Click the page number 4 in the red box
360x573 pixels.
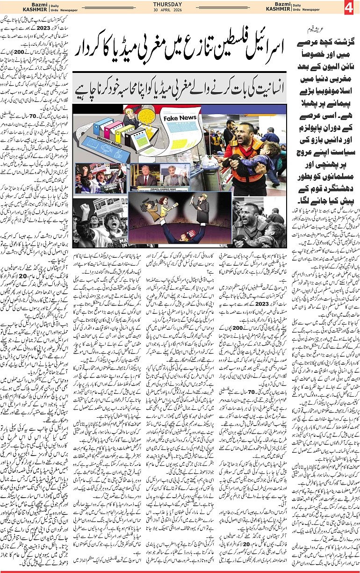click(348, 7)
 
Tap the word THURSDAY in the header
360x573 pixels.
click(166, 4)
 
